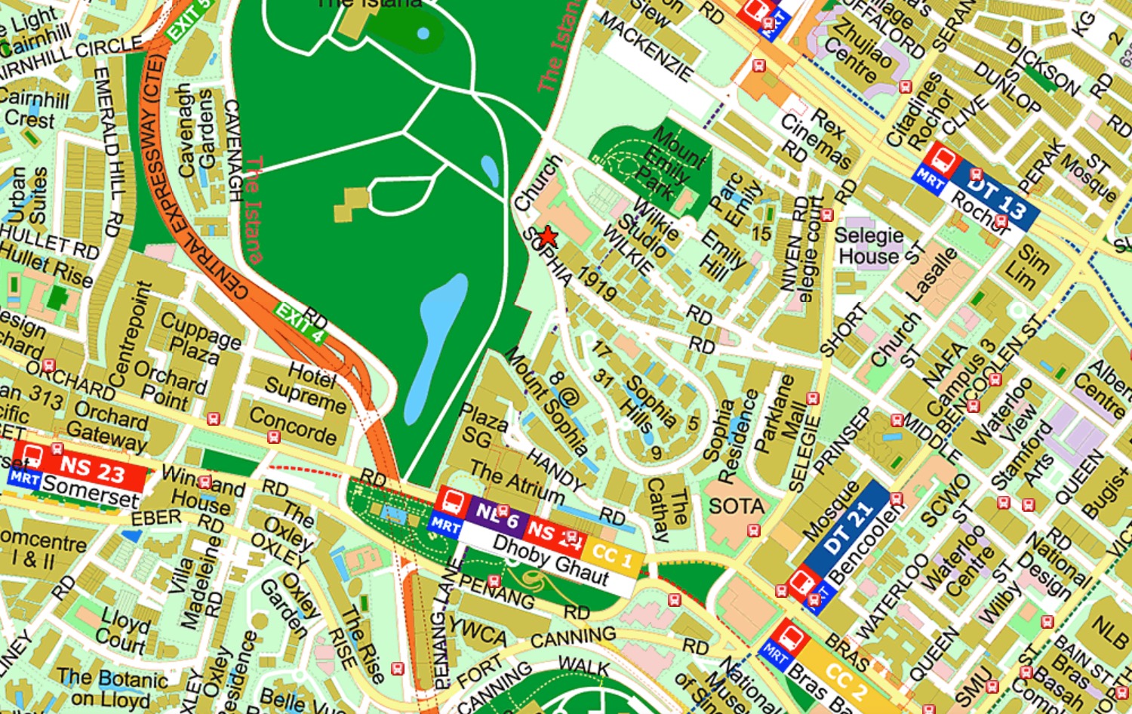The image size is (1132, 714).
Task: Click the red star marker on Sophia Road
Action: coord(548,237)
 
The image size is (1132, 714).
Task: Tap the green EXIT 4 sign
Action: coord(300,323)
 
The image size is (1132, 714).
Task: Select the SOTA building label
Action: coord(736,506)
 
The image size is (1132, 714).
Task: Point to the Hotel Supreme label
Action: coord(306,385)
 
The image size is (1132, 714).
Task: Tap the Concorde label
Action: coord(293,426)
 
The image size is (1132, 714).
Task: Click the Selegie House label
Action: coord(869,246)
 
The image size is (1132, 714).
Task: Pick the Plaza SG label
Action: coord(482,426)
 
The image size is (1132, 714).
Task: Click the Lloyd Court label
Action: coord(124,630)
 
